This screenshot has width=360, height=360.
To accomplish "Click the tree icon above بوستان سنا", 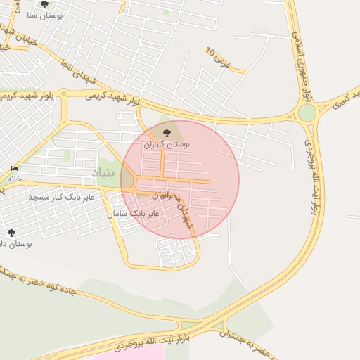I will (45, 4).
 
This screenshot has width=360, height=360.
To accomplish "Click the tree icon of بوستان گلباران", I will (167, 133).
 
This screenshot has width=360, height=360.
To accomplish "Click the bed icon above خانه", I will (14, 169).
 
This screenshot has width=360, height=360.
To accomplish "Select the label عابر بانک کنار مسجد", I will (62, 198).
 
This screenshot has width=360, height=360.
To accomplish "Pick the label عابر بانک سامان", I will (133, 212).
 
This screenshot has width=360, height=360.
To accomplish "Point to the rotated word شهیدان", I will (186, 214).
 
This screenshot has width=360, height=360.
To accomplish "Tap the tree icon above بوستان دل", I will (11, 233).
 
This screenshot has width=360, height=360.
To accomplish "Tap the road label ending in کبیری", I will (342, 98).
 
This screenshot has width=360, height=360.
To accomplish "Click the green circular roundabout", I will (307, 112).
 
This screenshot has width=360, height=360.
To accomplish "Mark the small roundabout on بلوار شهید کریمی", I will (63, 93).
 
